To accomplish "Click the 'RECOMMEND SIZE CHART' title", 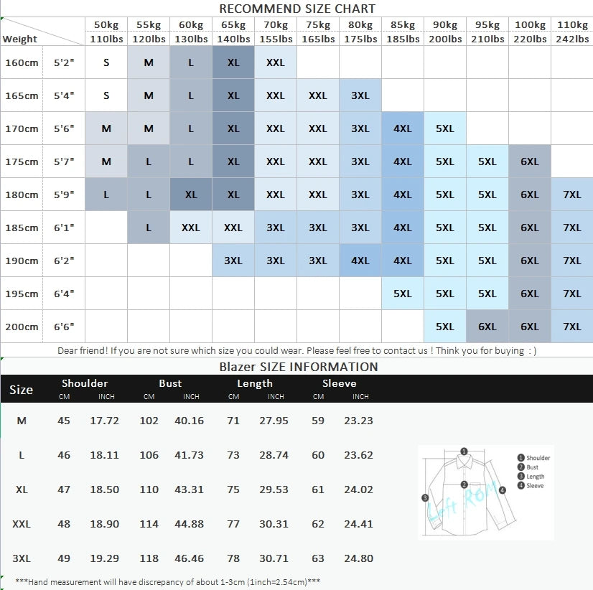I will click(x=296, y=9).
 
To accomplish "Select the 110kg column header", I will click(x=572, y=25).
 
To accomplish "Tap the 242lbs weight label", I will click(x=572, y=39).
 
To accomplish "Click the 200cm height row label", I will click(x=22, y=327).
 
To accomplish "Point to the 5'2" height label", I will click(x=64, y=62).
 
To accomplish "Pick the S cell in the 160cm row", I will click(x=106, y=62).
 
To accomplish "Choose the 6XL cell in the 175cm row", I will click(x=530, y=161).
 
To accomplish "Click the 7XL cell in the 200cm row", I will click(x=572, y=327).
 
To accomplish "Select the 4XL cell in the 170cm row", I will click(x=403, y=128).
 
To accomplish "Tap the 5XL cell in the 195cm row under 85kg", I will click(x=403, y=294).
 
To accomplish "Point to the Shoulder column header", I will click(x=85, y=383).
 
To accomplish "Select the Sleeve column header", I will click(x=339, y=383).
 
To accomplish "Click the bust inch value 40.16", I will click(x=189, y=421).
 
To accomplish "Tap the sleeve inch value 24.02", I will click(x=358, y=490).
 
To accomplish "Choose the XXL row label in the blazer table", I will click(x=22, y=524).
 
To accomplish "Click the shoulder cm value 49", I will click(x=64, y=558).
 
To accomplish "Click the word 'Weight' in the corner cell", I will click(x=20, y=39).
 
